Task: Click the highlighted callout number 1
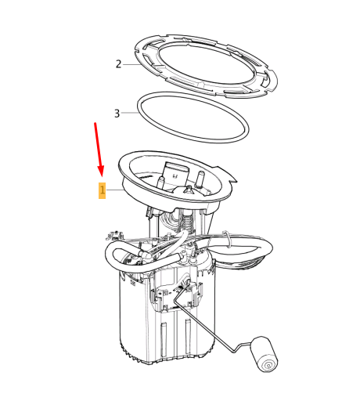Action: pyautogui.click(x=103, y=190)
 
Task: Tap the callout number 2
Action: pyautogui.click(x=118, y=64)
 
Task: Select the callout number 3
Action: pyautogui.click(x=117, y=114)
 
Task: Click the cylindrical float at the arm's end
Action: pyautogui.click(x=264, y=354)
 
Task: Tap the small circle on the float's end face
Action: pyautogui.click(x=268, y=365)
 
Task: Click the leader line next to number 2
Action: pyautogui.click(x=131, y=64)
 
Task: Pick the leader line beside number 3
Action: pyautogui.click(x=130, y=113)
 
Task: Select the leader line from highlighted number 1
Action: pyautogui.click(x=115, y=190)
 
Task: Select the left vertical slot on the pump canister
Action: pyautogui.click(x=164, y=339)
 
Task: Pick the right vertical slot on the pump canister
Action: pyautogui.click(x=188, y=336)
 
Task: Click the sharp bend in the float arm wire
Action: pyautogui.click(x=235, y=351)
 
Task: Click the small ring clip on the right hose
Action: pyautogui.click(x=227, y=239)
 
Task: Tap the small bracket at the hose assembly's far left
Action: pyautogui.click(x=114, y=235)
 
